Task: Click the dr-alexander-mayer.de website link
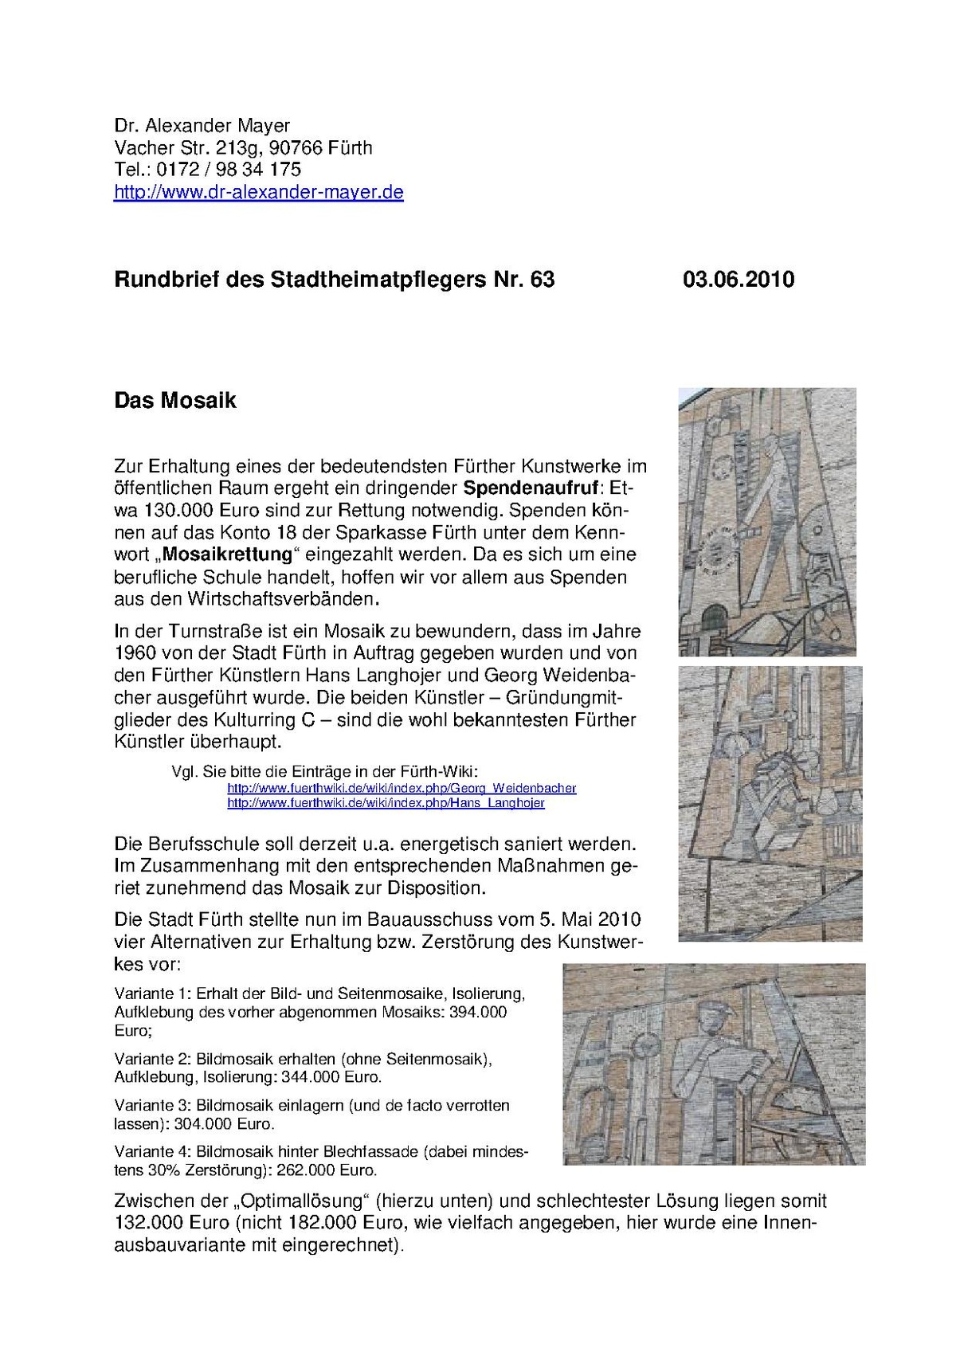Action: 259,192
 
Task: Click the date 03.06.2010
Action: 738,280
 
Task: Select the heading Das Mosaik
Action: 175,400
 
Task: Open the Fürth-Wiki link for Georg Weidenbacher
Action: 402,788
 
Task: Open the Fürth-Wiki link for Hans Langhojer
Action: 386,803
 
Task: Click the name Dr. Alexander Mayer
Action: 202,125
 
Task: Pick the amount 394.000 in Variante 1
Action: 475,1013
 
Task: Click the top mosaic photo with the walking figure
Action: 766,521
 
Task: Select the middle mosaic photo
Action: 770,803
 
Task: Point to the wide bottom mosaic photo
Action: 713,1064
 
